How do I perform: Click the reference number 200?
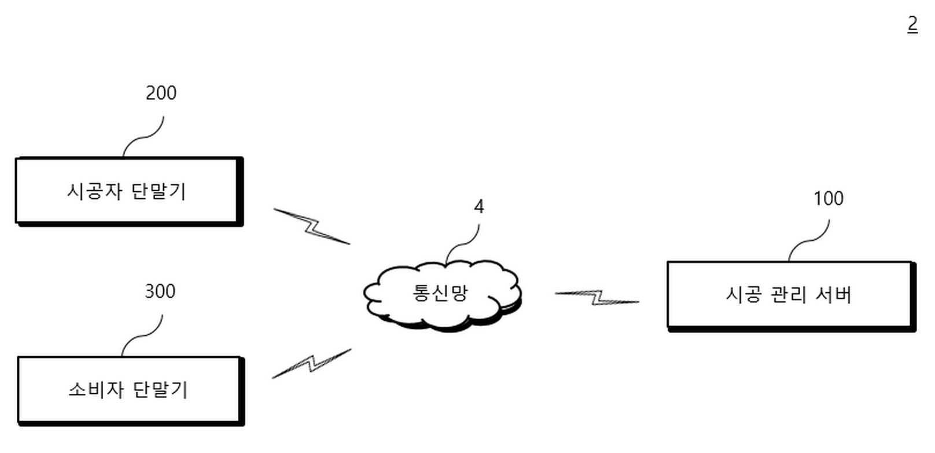pos(161,93)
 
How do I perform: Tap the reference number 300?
pos(160,291)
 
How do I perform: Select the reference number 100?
pos(828,199)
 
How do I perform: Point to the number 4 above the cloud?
pos(478,207)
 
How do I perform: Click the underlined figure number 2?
pos(912,24)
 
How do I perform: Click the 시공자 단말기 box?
pos(128,191)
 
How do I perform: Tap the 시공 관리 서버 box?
pos(790,295)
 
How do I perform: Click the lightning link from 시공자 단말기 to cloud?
pos(312,226)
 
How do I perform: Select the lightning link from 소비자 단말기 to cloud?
pos(312,363)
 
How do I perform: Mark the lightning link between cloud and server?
pos(597,298)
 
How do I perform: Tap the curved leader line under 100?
pos(809,240)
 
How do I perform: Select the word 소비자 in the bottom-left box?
pos(96,389)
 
